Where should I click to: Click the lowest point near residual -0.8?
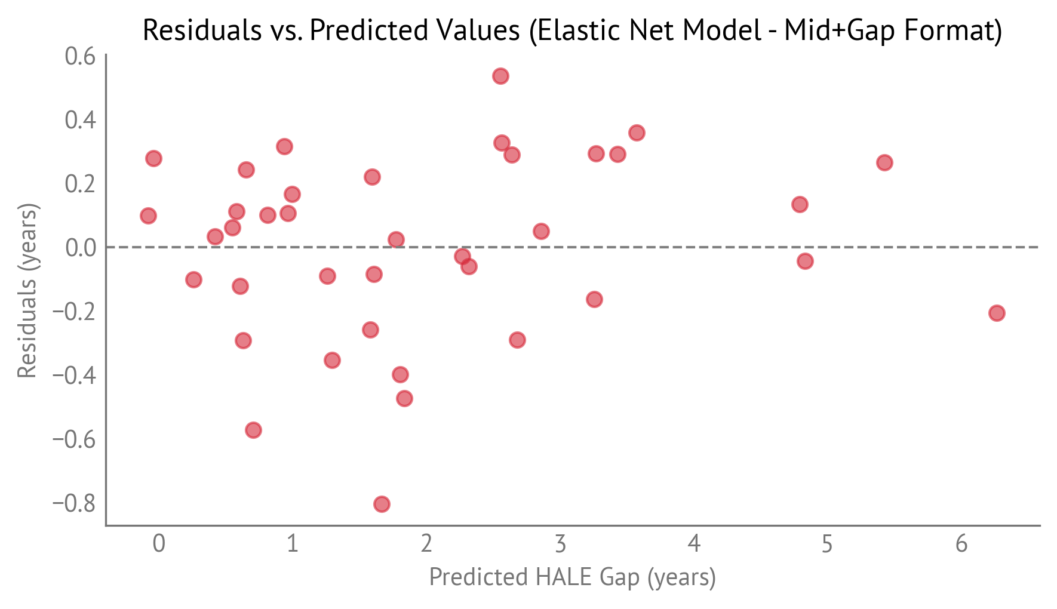[382, 504]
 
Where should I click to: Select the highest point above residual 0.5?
[500, 76]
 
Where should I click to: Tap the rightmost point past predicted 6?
[996, 313]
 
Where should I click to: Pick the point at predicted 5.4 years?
[884, 162]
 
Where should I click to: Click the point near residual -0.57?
[253, 430]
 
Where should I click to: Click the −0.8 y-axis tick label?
[74, 503]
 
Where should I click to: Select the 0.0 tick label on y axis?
[80, 247]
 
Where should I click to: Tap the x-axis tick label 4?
[693, 544]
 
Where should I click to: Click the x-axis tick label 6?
[961, 544]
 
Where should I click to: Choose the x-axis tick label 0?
[158, 544]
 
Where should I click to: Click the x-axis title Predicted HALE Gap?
[572, 577]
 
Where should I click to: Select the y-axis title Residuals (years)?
[27, 291]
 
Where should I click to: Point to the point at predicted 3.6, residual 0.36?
[637, 133]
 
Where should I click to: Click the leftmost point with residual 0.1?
[148, 216]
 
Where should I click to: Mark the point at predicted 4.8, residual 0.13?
[800, 204]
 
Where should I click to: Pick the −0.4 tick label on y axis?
[74, 375]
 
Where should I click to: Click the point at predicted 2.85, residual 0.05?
[541, 231]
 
